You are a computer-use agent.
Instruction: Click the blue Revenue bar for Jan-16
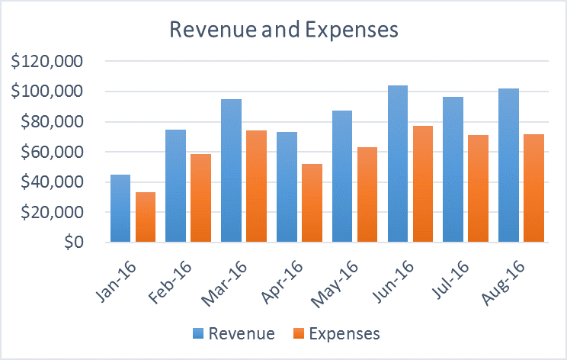(x=120, y=209)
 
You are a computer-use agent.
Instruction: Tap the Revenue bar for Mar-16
(x=231, y=171)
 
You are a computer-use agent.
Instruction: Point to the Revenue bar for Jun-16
(x=398, y=164)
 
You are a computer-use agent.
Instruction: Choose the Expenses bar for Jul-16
(x=479, y=189)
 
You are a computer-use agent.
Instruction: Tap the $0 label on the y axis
(x=75, y=243)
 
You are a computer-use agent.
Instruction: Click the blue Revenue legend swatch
(x=199, y=333)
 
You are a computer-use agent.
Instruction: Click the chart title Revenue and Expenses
(x=283, y=31)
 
